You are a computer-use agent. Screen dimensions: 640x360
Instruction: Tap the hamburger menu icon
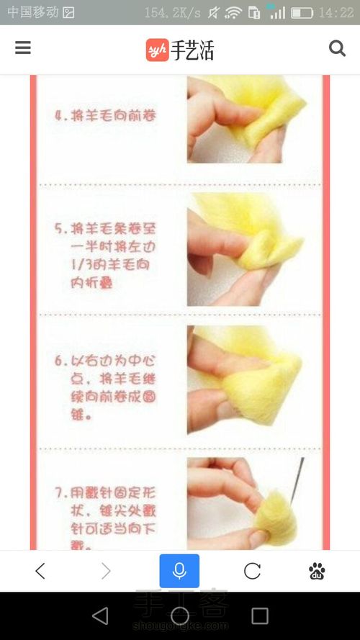coord(23,48)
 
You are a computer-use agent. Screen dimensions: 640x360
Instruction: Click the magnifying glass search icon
coord(337,48)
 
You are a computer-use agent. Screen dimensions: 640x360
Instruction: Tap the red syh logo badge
coord(157,50)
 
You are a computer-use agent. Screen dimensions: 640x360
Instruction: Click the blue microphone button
coord(179,571)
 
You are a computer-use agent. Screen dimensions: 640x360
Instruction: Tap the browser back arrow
coord(40,571)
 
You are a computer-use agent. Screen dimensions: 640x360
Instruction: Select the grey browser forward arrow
coord(107,571)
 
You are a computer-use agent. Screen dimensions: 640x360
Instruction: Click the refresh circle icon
coord(252,571)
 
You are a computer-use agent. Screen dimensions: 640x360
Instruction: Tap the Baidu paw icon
coord(317,571)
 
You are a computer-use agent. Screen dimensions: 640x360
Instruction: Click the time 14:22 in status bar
coord(336,13)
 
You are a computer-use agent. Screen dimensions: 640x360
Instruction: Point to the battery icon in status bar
coord(302,13)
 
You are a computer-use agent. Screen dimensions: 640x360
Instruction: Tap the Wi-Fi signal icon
coord(233,13)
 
